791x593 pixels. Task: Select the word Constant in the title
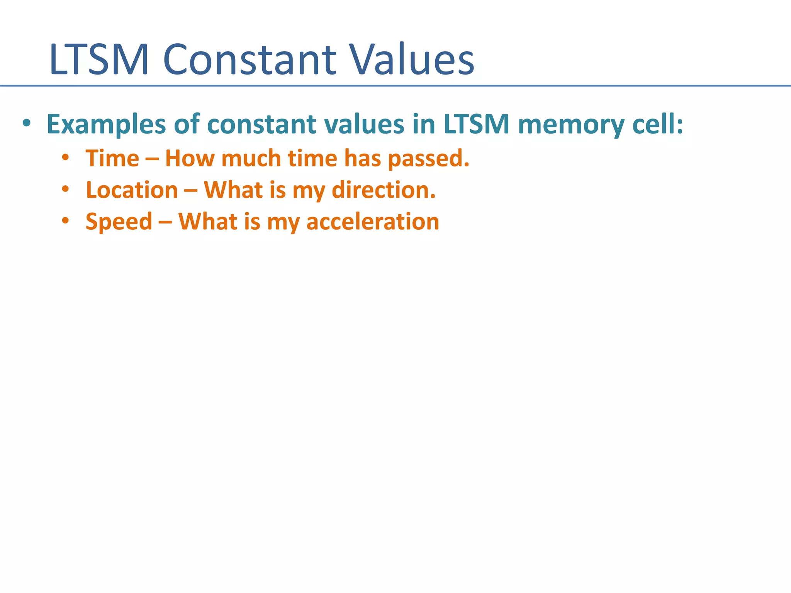click(x=250, y=60)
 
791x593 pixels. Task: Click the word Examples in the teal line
click(x=106, y=124)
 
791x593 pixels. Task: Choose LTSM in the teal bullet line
click(x=477, y=124)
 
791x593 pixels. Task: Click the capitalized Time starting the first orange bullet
click(x=112, y=158)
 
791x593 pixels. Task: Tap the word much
click(x=251, y=158)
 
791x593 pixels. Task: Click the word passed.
click(x=429, y=158)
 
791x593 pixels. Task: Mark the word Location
click(x=132, y=190)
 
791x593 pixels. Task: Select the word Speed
click(x=119, y=222)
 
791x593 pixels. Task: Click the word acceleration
click(x=373, y=222)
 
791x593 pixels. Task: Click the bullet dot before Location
click(x=65, y=190)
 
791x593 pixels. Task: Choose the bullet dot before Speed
click(x=65, y=221)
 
